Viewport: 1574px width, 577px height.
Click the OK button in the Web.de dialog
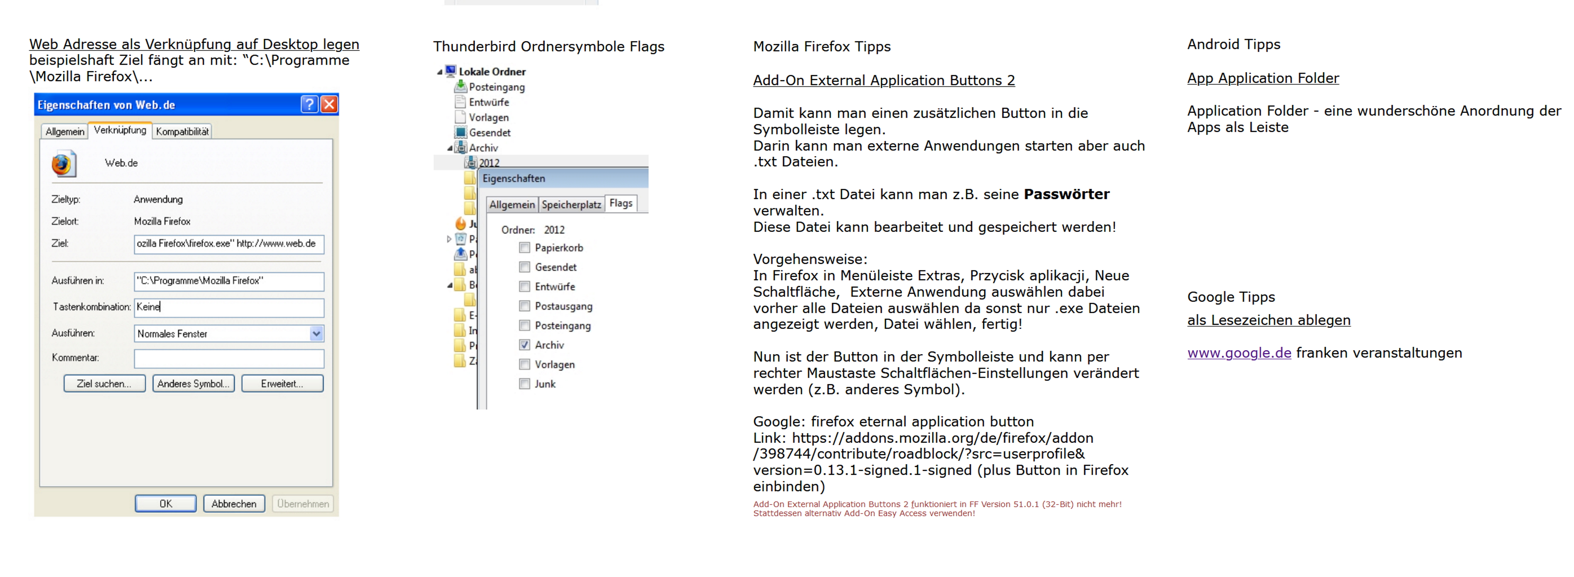click(x=165, y=504)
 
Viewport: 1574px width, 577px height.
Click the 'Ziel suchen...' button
click(x=105, y=384)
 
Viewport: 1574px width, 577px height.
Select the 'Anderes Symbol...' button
click(x=193, y=384)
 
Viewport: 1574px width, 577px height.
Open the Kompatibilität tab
click(x=182, y=132)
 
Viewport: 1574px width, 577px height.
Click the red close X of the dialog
click(x=329, y=104)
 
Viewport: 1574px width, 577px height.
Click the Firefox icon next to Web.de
click(x=63, y=164)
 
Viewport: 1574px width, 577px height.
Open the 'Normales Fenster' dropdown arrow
click(x=316, y=334)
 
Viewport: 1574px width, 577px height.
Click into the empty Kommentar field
click(x=229, y=358)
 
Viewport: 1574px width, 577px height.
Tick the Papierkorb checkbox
click(x=524, y=248)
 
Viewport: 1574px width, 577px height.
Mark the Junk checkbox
click(x=524, y=384)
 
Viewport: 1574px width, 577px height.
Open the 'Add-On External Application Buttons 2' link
click(x=883, y=81)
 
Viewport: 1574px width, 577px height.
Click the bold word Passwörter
click(x=1066, y=194)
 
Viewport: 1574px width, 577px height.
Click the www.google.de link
click(x=1239, y=353)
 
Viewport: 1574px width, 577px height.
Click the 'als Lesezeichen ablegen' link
click(x=1268, y=320)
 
